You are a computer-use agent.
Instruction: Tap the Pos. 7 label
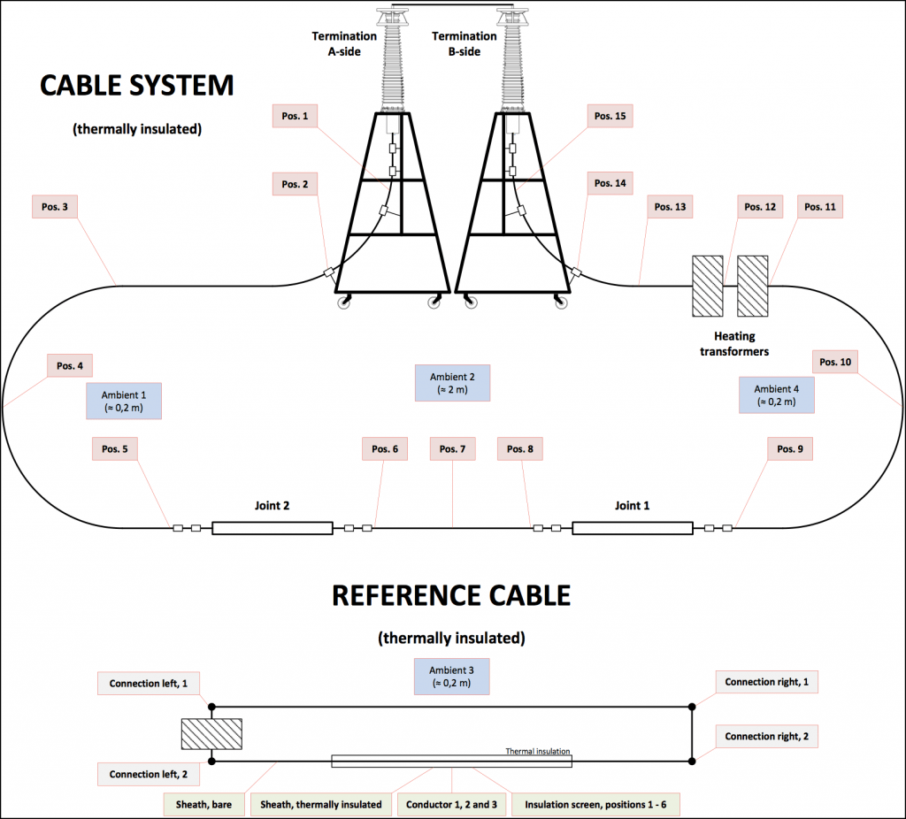(452, 449)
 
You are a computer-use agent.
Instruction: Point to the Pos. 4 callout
(70, 365)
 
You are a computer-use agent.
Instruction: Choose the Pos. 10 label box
(834, 362)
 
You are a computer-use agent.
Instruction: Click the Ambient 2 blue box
(452, 382)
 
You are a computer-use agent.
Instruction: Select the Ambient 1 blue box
(124, 400)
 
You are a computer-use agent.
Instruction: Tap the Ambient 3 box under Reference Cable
(452, 676)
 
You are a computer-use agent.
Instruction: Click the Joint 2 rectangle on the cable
(272, 528)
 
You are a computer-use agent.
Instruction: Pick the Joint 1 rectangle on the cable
(632, 528)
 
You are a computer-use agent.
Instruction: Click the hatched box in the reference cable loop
(211, 734)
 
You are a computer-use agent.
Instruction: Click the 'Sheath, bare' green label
(203, 804)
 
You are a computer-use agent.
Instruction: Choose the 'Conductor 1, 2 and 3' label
(452, 804)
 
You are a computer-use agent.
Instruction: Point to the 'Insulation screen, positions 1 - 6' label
(595, 804)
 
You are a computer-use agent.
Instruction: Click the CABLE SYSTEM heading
(137, 86)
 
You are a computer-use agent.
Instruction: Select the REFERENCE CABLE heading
(451, 595)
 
